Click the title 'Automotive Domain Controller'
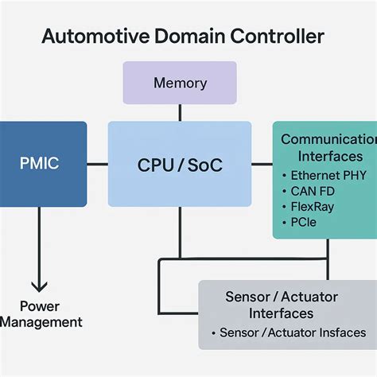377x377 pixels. (x=182, y=37)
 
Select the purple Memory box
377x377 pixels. (x=180, y=83)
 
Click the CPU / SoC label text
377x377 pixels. (x=180, y=165)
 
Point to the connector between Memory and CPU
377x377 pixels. (x=180, y=112)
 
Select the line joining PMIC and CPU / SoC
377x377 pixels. (x=97, y=165)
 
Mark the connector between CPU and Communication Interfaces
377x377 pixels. (x=262, y=165)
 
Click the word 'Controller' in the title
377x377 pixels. (x=279, y=37)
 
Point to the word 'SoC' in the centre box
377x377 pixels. (x=204, y=165)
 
